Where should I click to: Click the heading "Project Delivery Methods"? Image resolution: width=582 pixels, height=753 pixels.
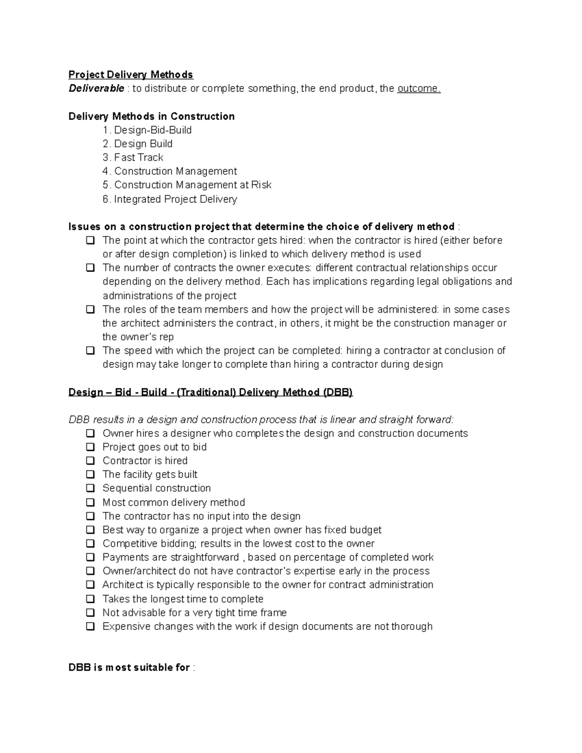coord(130,75)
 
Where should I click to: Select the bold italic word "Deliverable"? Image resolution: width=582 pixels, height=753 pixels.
coord(96,88)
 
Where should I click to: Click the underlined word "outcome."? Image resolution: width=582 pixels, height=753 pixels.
coord(419,88)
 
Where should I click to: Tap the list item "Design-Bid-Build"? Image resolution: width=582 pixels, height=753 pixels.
coord(152,130)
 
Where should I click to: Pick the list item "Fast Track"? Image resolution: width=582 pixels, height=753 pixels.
coord(138,158)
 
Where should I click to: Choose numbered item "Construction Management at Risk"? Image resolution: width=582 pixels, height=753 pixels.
coord(193,185)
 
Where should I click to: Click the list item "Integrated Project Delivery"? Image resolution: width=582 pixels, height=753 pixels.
coord(175,199)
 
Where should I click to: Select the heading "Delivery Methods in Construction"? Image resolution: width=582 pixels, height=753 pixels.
coord(151,116)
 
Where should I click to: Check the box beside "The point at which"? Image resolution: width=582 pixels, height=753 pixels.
coord(90,240)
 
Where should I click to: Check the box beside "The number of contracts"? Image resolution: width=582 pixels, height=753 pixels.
coord(90,268)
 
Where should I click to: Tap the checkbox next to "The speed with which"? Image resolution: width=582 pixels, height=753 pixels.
coord(90,351)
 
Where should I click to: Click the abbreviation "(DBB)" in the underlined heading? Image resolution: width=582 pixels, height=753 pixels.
coord(338,392)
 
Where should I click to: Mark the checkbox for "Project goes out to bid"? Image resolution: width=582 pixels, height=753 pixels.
coord(90,447)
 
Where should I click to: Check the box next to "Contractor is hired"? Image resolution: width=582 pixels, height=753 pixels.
coord(90,461)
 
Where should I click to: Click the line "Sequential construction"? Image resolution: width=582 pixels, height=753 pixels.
coord(156,488)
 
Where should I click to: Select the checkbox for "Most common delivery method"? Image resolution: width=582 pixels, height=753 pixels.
coord(90,502)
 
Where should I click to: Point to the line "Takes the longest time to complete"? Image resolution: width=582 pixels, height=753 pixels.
coord(183,599)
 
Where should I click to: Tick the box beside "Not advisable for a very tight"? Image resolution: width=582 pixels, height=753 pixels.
coord(90,613)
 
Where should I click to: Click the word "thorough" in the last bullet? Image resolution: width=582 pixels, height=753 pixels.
coord(412,626)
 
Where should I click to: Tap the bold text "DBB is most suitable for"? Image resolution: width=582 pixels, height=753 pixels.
coord(129,668)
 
